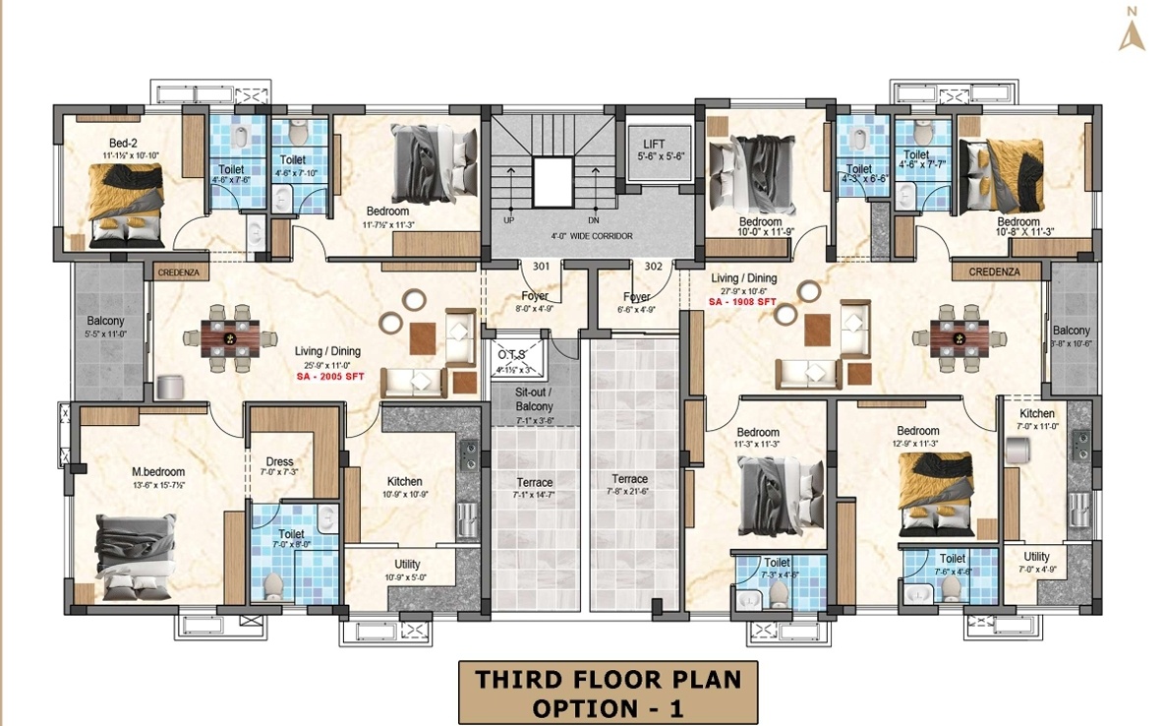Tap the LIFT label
tap(654, 144)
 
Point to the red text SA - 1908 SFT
tap(743, 303)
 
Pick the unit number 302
tap(653, 266)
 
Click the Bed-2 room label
tap(123, 143)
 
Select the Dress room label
tap(279, 461)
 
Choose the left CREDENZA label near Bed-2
tap(174, 269)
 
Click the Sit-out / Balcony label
tap(534, 398)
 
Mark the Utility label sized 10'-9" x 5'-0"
tap(407, 564)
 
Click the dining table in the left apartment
tap(229, 338)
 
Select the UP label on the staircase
tap(508, 220)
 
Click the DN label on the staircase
tap(593, 220)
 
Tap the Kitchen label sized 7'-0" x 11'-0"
tap(1036, 414)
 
